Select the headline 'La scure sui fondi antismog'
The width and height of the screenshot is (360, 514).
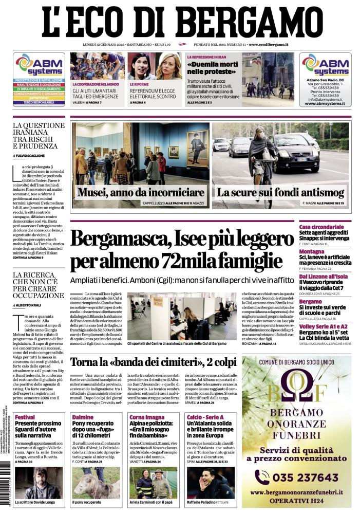coord(280,193)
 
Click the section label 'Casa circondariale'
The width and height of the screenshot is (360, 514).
coord(321,227)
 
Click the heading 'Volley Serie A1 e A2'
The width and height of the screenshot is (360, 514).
coord(324,325)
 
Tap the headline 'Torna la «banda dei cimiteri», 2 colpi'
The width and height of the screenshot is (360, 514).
coord(153,362)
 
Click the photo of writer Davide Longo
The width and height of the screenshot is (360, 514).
coord(39,482)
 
